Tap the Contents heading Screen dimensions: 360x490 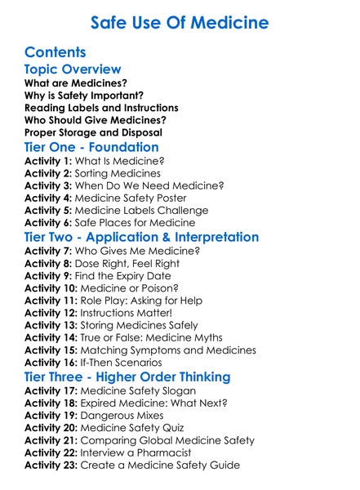56,52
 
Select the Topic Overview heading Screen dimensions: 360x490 73,70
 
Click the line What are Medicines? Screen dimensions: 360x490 75,83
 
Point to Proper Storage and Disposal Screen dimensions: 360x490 93,132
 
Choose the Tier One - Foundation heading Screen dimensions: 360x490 91,148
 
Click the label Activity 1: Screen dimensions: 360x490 48,162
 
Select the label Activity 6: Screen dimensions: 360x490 48,223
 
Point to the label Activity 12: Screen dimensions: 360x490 51,314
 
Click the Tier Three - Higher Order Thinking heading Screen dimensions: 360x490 127,377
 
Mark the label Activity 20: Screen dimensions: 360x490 51,428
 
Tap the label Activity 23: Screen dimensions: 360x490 51,465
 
